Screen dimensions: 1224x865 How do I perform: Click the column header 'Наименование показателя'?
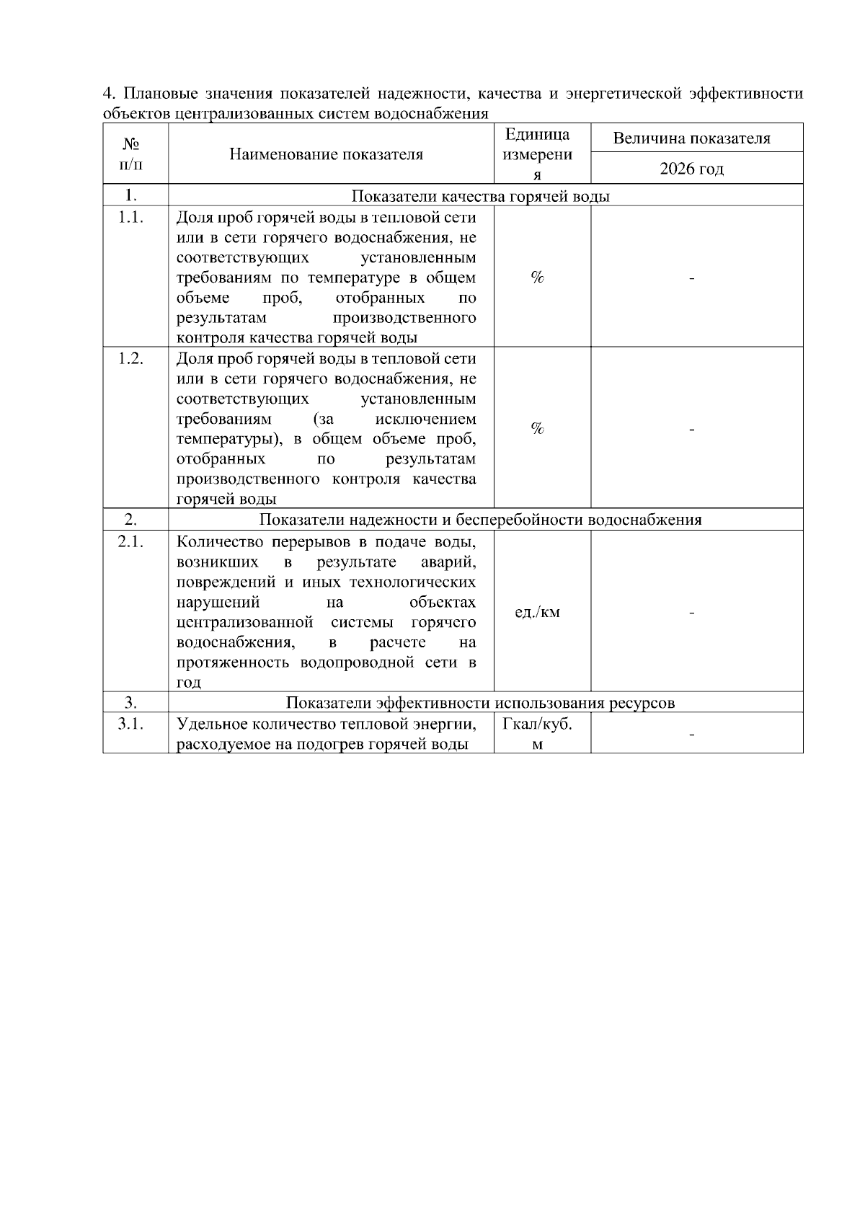pyautogui.click(x=326, y=154)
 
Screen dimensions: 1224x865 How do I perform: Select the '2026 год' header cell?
pyautogui.click(x=691, y=169)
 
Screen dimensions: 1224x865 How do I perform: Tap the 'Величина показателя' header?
pyautogui.click(x=691, y=138)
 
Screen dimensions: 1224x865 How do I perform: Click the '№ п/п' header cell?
pyautogui.click(x=130, y=154)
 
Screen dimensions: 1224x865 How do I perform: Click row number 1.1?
pyautogui.click(x=130, y=218)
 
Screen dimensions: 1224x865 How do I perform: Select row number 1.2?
pyautogui.click(x=130, y=359)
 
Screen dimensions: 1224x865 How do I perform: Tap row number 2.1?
pyautogui.click(x=130, y=542)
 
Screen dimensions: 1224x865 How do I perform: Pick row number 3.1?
pyautogui.click(x=130, y=724)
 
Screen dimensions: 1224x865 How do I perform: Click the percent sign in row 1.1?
pyautogui.click(x=537, y=278)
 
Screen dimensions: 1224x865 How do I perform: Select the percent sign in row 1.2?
pyautogui.click(x=537, y=429)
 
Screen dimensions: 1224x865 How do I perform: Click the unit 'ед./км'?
pyautogui.click(x=537, y=613)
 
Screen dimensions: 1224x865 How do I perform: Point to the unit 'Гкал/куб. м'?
pyautogui.click(x=537, y=734)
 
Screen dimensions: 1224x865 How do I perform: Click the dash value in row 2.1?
pyautogui.click(x=691, y=613)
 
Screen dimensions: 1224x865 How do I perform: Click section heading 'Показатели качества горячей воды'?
pyautogui.click(x=481, y=197)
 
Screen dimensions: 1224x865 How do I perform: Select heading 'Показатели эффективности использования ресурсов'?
pyautogui.click(x=481, y=703)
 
